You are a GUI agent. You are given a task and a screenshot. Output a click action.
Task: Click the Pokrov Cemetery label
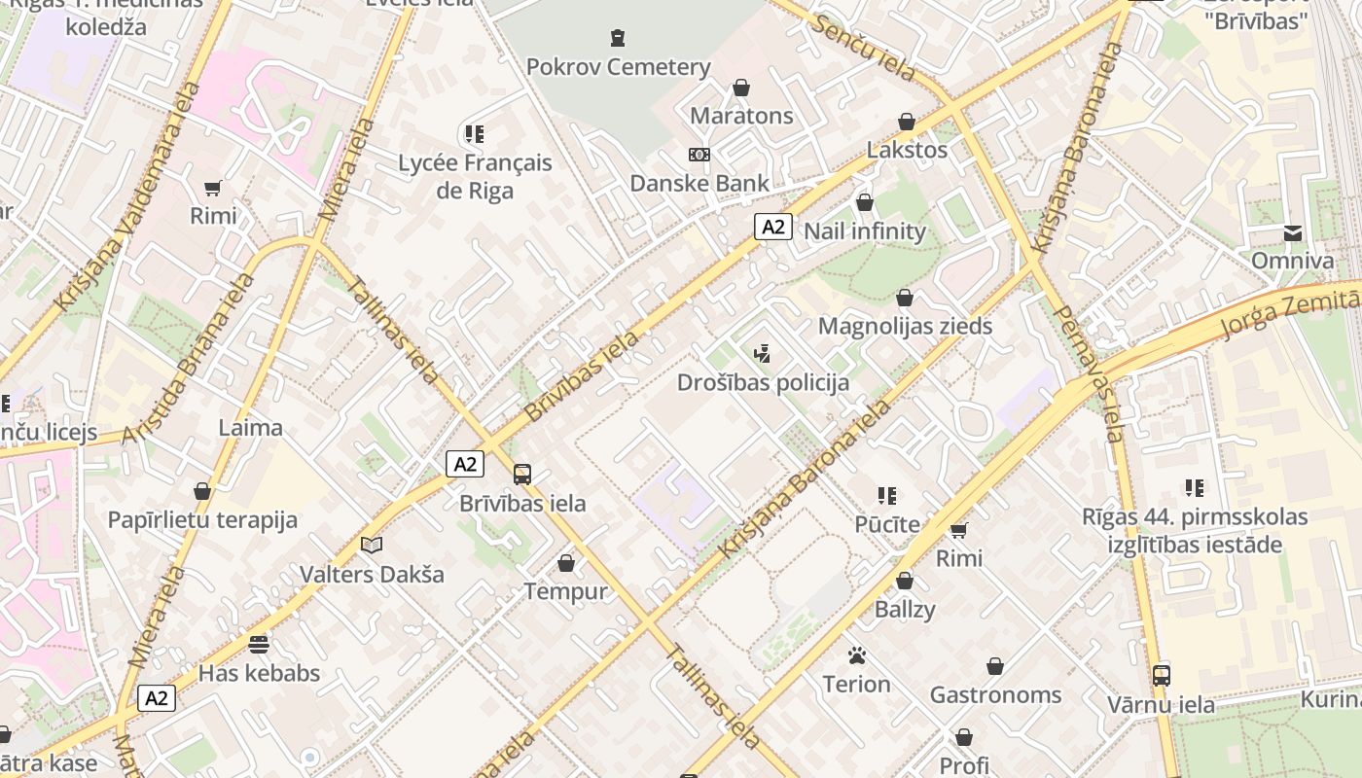(x=618, y=67)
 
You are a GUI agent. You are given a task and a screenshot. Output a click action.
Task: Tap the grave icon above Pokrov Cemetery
(x=618, y=39)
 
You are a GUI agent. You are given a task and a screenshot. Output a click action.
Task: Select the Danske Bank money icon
(x=699, y=155)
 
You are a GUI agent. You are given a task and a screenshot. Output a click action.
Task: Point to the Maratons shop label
(x=741, y=116)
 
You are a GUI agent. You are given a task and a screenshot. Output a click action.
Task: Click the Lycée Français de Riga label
(x=475, y=176)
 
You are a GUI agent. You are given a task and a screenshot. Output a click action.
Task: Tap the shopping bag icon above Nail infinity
(x=864, y=202)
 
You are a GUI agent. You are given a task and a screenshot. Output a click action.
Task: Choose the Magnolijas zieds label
(x=905, y=326)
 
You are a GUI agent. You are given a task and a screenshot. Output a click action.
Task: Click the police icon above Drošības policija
(x=763, y=353)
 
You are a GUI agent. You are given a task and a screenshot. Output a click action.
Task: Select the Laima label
(x=250, y=427)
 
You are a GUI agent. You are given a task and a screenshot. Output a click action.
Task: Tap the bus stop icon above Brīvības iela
(x=522, y=475)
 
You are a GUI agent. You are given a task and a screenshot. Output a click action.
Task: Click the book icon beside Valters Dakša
(x=372, y=546)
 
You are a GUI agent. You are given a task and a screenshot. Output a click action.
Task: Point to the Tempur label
(x=565, y=591)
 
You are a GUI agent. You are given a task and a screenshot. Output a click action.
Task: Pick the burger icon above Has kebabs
(x=258, y=644)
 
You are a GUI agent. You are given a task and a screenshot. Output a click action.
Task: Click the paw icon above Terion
(x=856, y=655)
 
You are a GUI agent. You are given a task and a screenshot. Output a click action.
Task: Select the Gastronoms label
(x=995, y=694)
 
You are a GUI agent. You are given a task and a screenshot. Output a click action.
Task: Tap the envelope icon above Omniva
(x=1292, y=232)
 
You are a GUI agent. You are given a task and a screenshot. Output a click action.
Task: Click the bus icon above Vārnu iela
(x=1161, y=675)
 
